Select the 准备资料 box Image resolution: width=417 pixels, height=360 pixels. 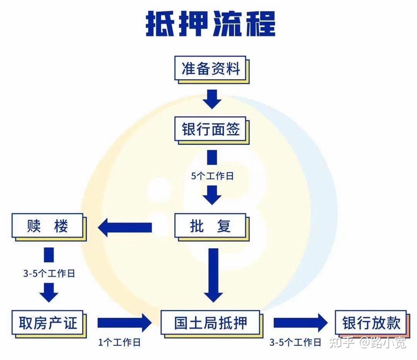(211, 70)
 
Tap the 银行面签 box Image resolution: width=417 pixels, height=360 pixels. (211, 130)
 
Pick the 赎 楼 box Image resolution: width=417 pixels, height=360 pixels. (48, 226)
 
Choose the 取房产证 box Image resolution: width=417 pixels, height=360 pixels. (48, 323)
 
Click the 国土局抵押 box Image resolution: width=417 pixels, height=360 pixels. (210, 323)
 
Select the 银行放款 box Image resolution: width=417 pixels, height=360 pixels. (371, 323)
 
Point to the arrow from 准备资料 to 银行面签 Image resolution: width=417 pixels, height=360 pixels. (212, 99)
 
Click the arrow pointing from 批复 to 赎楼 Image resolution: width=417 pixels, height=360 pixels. (125, 228)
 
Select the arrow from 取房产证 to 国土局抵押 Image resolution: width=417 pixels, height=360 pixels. (124, 323)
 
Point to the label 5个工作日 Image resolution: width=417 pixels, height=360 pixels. (212, 176)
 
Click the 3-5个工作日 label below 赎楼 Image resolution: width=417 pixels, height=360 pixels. (49, 274)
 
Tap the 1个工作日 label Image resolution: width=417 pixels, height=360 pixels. (119, 342)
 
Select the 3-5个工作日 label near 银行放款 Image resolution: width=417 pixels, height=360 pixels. (295, 342)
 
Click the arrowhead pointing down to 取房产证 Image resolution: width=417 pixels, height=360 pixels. (49, 294)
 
